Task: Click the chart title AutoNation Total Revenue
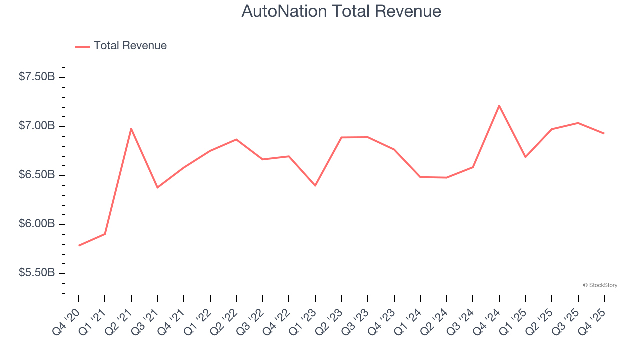[341, 11]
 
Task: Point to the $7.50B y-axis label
[37, 77]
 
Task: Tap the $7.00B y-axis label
[37, 126]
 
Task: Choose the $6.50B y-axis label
[37, 175]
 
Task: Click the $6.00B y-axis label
[37, 224]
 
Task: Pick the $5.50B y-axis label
[37, 273]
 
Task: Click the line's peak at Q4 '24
[499, 106]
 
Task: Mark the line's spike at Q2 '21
[131, 129]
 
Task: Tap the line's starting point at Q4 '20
[79, 246]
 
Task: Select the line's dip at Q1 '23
[315, 186]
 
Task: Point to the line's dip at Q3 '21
[157, 187]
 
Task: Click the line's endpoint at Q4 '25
[604, 133]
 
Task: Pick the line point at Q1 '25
[525, 157]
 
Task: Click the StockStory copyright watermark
[600, 285]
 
